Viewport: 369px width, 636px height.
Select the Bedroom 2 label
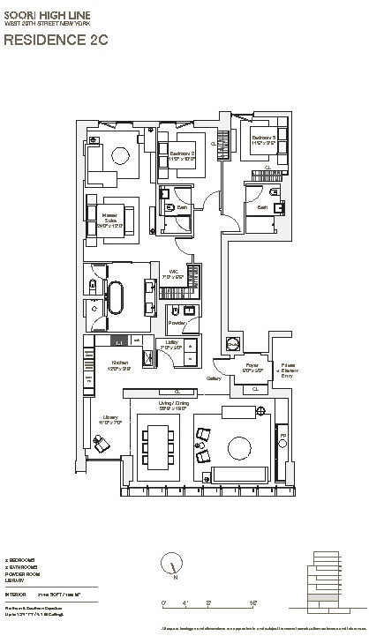click(x=182, y=153)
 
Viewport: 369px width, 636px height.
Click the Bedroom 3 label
click(x=263, y=138)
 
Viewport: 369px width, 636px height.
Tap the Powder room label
click(x=177, y=324)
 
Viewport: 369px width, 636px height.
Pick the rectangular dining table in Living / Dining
click(x=160, y=447)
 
